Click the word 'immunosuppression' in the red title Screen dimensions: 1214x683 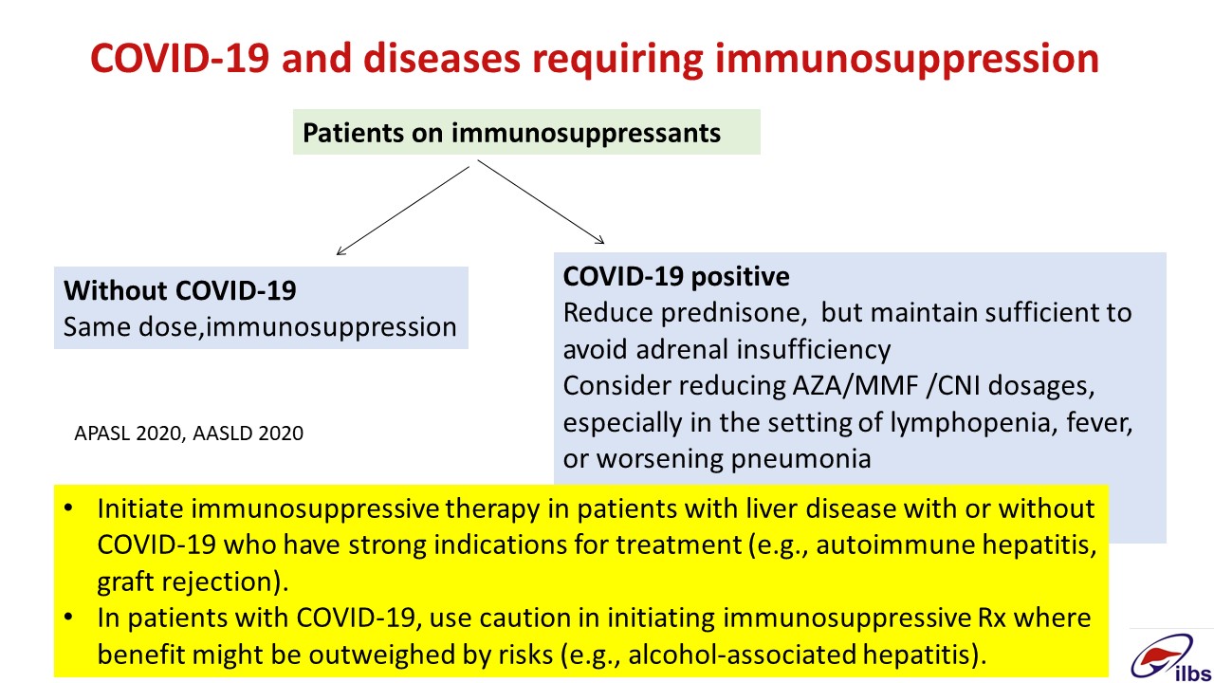click(907, 59)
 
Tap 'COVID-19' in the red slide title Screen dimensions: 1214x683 click(180, 58)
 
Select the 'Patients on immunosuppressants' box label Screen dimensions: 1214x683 click(511, 133)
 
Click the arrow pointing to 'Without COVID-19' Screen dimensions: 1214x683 click(403, 211)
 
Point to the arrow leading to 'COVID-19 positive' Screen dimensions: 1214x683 click(541, 202)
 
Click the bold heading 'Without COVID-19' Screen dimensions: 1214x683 click(180, 290)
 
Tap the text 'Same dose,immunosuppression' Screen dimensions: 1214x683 click(260, 327)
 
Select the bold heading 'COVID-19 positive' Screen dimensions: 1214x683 click(676, 276)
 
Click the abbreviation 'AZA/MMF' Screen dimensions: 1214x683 click(855, 386)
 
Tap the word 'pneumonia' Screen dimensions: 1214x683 click(801, 459)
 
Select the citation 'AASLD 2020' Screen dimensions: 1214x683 click(248, 434)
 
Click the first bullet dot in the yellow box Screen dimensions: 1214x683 click(68, 508)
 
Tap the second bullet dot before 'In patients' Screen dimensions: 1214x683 click(68, 618)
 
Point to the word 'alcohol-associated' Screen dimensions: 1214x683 click(743, 655)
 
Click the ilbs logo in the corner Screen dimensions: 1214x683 click(1170, 657)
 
